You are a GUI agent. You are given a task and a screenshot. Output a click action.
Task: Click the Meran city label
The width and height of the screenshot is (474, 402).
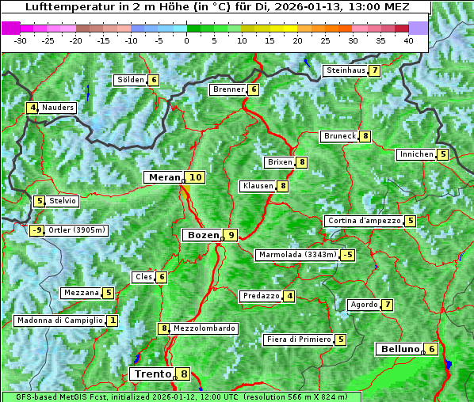coord(164,177)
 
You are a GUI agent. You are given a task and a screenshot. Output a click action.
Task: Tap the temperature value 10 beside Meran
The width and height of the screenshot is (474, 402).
coord(195,177)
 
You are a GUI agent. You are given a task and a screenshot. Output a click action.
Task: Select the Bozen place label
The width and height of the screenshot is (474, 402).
coord(201,235)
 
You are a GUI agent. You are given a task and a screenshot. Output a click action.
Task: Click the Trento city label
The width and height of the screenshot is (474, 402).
coord(152,374)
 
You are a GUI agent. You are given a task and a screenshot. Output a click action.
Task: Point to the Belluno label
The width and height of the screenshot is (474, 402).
coord(399,349)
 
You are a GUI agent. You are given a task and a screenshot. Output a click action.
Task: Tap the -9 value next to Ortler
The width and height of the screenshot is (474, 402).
coord(36,230)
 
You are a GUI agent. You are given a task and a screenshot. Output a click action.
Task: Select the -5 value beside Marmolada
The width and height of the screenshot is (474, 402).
coord(347,255)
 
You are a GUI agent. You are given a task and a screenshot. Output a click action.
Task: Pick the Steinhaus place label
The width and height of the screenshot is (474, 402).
coord(346,70)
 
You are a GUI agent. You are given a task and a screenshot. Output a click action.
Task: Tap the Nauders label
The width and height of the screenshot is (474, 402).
coord(57,108)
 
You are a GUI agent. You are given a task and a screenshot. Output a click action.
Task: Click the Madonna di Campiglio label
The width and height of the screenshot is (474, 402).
coord(59,320)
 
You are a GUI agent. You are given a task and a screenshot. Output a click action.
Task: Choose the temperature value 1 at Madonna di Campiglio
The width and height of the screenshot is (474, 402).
coord(113,320)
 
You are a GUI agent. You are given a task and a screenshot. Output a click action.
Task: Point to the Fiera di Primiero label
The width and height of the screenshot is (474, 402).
coord(298,339)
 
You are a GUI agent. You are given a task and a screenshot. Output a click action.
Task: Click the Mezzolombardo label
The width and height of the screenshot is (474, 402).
coord(204,328)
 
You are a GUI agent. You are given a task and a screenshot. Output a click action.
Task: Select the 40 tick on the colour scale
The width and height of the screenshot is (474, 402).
coord(408,40)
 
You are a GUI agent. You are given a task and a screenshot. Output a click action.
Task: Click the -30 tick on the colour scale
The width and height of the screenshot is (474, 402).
coord(21,40)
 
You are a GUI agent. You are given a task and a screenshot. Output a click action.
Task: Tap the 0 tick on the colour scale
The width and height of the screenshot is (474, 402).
coord(186,40)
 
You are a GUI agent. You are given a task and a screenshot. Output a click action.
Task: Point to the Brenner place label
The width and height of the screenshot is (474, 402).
coord(228,89)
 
